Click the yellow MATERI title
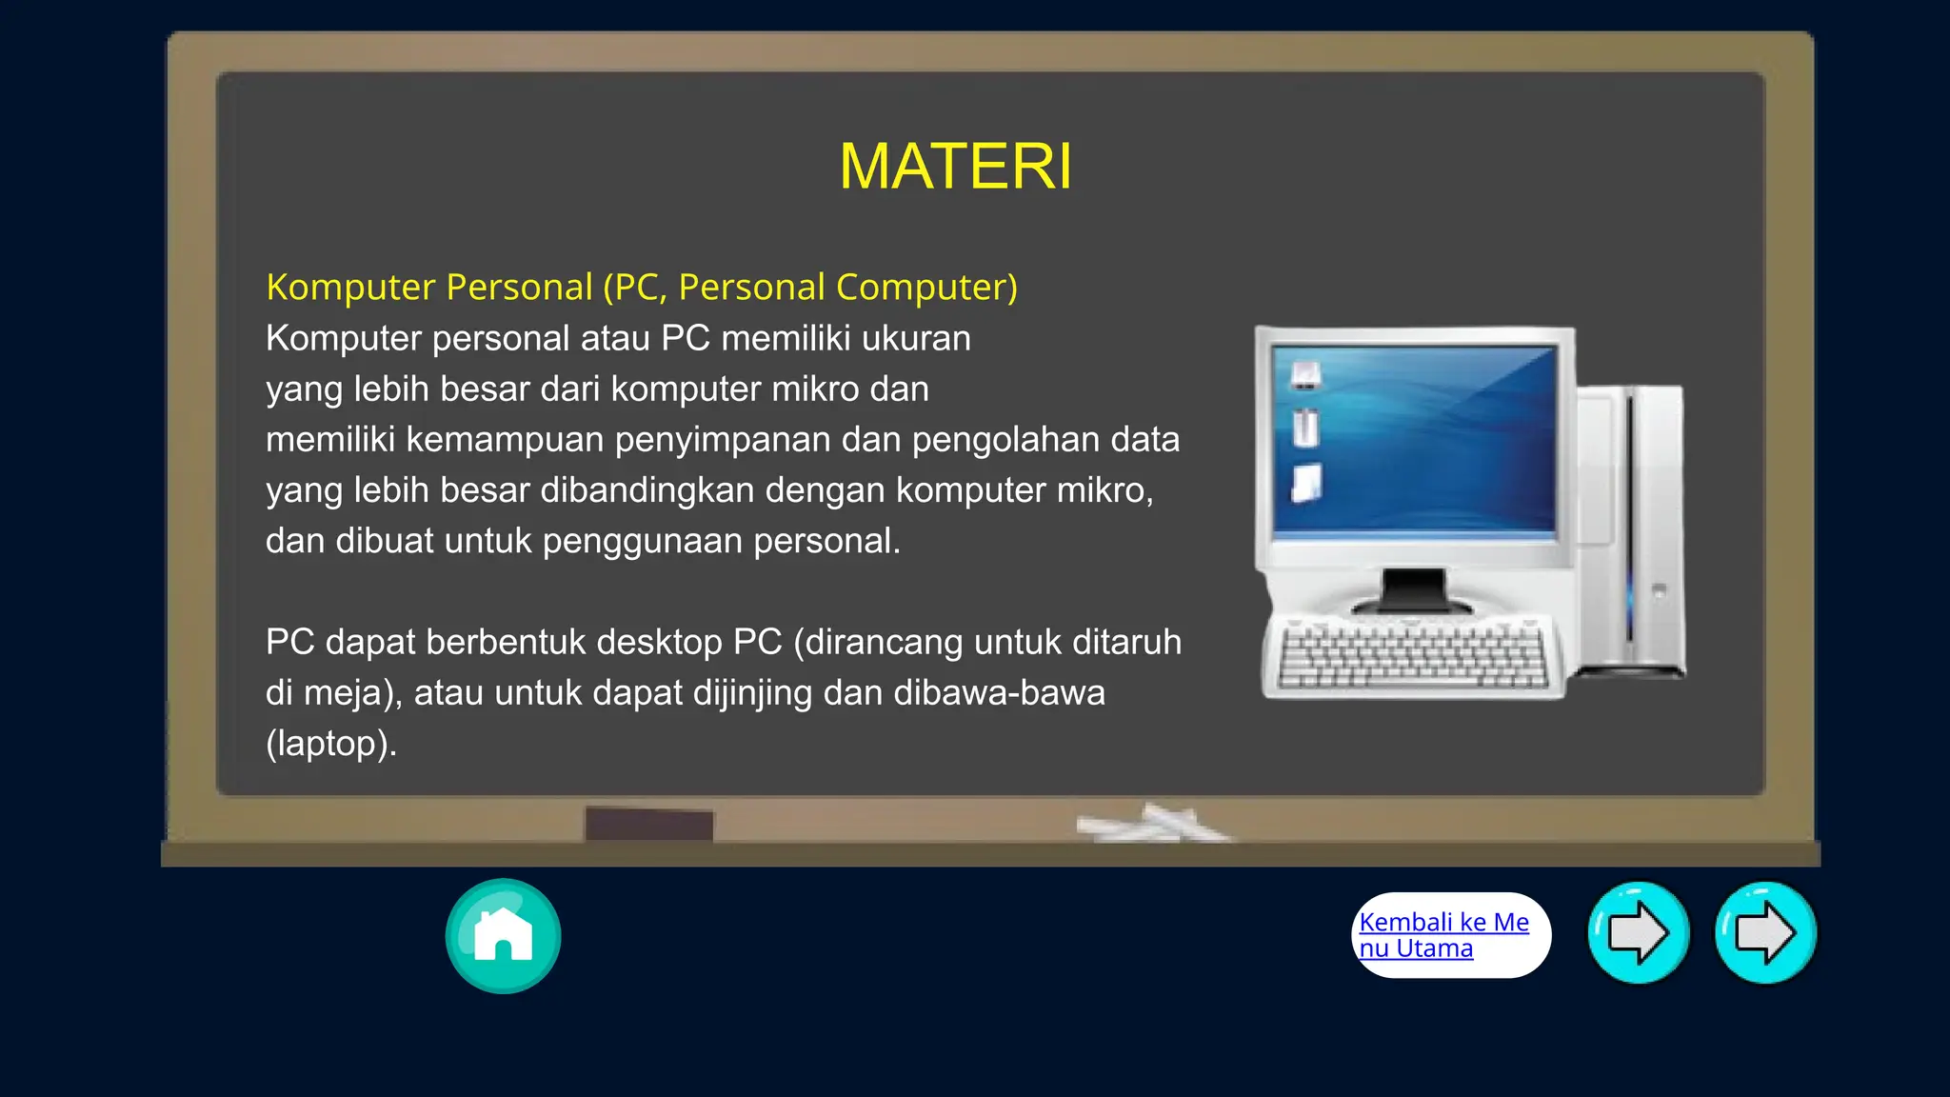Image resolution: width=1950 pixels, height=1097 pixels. click(x=955, y=167)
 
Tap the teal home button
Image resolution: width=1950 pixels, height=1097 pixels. click(x=503, y=935)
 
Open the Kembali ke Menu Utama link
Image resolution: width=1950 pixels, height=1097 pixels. click(x=1443, y=935)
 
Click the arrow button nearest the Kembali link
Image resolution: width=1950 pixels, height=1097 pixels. click(x=1638, y=933)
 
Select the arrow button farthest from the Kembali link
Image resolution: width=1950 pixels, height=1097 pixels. click(x=1765, y=933)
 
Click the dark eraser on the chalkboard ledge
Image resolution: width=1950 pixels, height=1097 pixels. click(x=648, y=825)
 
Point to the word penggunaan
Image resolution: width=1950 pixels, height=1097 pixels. click(x=642, y=541)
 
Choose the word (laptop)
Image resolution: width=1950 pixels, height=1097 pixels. click(x=330, y=744)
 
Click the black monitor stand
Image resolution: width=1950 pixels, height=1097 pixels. click(x=1413, y=590)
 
